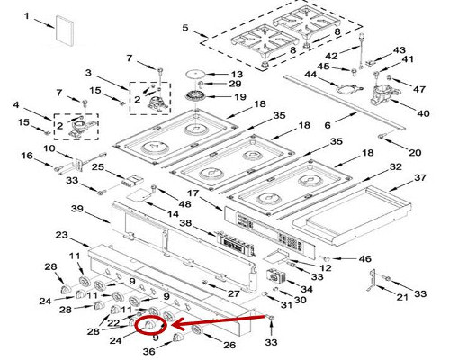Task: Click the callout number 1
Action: (27, 15)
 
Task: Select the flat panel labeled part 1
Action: (64, 31)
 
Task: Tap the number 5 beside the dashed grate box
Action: (185, 28)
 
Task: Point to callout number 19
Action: (240, 97)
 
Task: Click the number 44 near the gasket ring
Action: (310, 75)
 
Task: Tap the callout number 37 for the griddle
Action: (420, 177)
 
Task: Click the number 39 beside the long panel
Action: (77, 209)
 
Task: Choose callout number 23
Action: (62, 235)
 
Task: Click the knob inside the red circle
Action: (148, 325)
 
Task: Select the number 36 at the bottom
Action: (148, 351)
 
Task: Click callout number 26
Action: (229, 345)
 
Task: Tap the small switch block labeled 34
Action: (275, 276)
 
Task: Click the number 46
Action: (364, 258)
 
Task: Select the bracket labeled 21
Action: (372, 281)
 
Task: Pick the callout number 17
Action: (193, 193)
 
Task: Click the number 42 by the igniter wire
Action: (332, 56)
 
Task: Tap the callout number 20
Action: (415, 153)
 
